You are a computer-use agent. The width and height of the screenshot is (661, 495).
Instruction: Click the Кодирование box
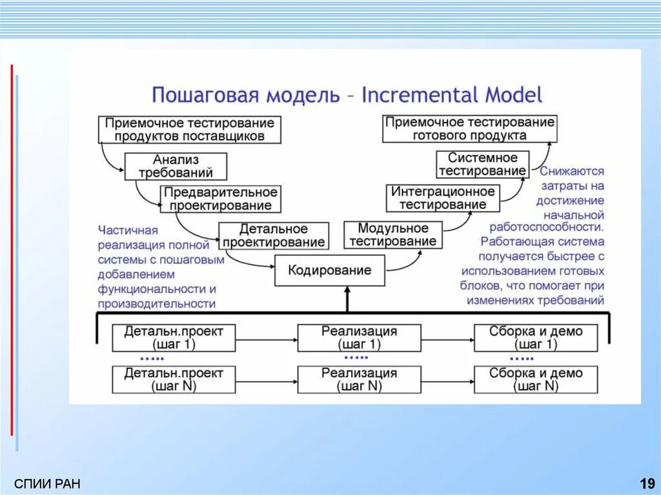tap(330, 270)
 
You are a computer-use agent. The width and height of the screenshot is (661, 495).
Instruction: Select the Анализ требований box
tap(176, 167)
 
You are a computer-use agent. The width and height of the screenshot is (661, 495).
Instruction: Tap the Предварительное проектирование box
tap(221, 199)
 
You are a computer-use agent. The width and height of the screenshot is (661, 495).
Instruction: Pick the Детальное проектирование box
tap(273, 236)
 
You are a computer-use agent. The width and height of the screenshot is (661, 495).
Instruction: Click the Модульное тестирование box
tap(392, 235)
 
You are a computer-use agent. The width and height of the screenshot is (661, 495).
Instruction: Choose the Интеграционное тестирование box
tap(443, 198)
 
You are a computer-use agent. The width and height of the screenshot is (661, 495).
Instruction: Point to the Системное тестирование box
tap(482, 165)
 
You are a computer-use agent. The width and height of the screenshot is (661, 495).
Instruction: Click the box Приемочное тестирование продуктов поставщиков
tap(190, 129)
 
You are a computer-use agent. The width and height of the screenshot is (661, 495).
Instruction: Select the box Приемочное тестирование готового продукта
tap(469, 129)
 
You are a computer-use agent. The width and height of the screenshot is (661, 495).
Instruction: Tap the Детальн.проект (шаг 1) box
tap(174, 338)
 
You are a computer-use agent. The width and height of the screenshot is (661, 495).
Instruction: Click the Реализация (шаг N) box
tap(359, 379)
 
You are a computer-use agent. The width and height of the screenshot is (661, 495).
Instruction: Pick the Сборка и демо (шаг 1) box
tap(535, 338)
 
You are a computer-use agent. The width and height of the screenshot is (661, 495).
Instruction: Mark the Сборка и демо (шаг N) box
tap(535, 379)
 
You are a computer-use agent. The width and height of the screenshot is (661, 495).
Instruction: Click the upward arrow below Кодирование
tap(347, 299)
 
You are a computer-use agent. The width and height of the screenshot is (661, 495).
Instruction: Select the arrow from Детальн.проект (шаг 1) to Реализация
tap(266, 338)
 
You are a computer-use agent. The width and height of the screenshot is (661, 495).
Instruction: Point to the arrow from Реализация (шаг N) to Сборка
tap(447, 381)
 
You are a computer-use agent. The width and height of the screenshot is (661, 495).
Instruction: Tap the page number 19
tap(647, 483)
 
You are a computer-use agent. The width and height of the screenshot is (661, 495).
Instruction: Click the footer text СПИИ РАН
tap(47, 484)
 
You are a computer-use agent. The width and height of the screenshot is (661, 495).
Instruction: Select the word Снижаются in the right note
tap(572, 172)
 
